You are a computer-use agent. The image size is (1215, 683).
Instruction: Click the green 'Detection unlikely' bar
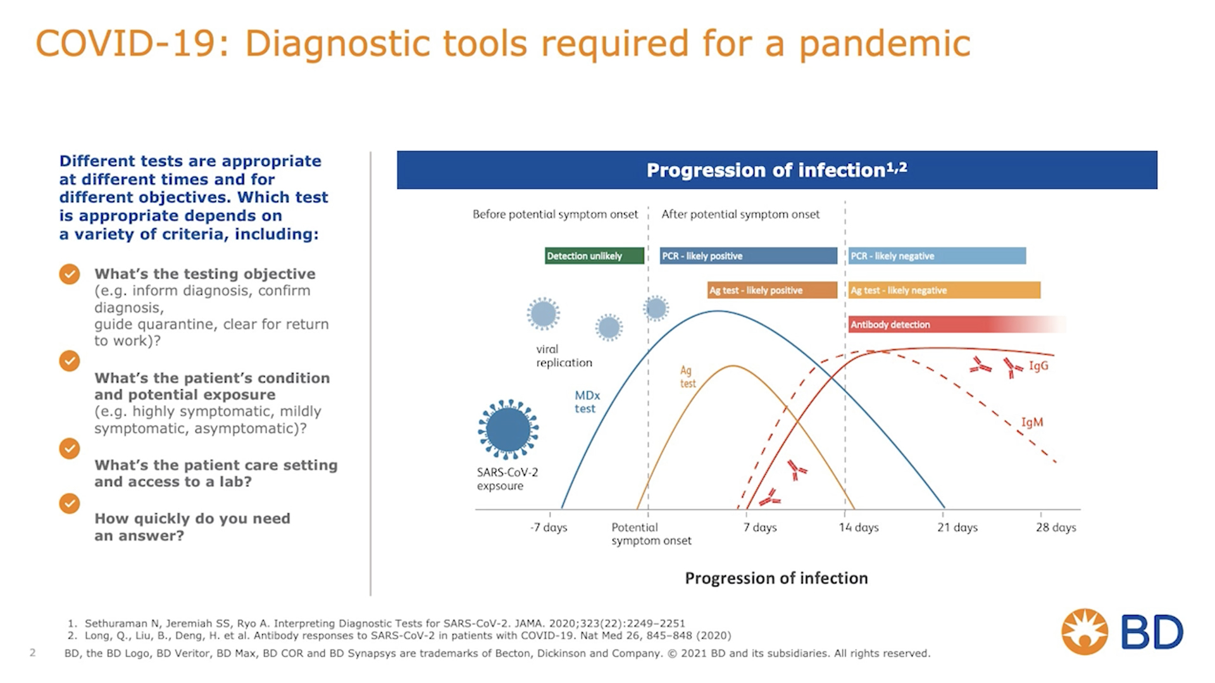tap(594, 256)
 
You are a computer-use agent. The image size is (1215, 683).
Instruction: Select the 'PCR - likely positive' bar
tap(748, 256)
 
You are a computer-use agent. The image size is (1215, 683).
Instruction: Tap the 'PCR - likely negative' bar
tap(937, 256)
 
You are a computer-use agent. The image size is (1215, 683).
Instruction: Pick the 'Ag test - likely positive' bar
tap(772, 290)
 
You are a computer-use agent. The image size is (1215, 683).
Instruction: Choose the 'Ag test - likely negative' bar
tap(944, 290)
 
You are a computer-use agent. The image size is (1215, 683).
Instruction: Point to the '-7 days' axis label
tap(549, 527)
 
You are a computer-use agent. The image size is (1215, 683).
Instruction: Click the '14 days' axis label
tap(859, 527)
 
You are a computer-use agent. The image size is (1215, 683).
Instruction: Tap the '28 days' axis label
tap(1056, 527)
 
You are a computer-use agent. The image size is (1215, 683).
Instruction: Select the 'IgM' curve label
tap(1032, 422)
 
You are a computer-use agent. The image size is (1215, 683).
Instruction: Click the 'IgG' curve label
tap(1038, 365)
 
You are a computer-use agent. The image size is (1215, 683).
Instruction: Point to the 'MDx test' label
tap(587, 402)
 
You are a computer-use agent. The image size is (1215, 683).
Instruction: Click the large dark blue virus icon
tap(508, 429)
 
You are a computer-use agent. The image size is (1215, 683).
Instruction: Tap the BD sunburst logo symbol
tap(1085, 632)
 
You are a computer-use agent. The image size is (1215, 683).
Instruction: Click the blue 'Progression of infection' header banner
tap(777, 170)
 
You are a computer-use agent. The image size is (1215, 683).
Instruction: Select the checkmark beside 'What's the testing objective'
tap(70, 274)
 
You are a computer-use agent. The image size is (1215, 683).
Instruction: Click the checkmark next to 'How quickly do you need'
tap(70, 504)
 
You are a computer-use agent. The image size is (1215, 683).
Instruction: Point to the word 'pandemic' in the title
tap(885, 44)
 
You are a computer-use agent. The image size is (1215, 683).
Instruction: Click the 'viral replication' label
tap(564, 356)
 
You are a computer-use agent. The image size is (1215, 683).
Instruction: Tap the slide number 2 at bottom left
tap(33, 653)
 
